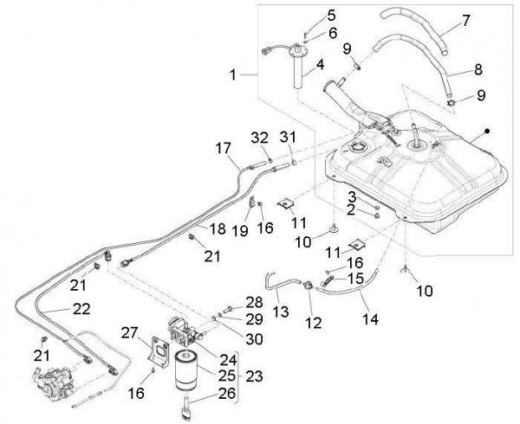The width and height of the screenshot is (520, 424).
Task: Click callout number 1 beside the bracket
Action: pos(233,76)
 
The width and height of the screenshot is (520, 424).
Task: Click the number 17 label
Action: pos(223,148)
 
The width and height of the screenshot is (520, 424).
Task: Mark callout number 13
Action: pos(280,311)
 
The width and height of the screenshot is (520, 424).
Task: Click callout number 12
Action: pos(314,323)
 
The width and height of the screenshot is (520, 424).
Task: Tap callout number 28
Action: pos(252,300)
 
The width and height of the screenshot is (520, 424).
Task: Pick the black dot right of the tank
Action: pos(488,131)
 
